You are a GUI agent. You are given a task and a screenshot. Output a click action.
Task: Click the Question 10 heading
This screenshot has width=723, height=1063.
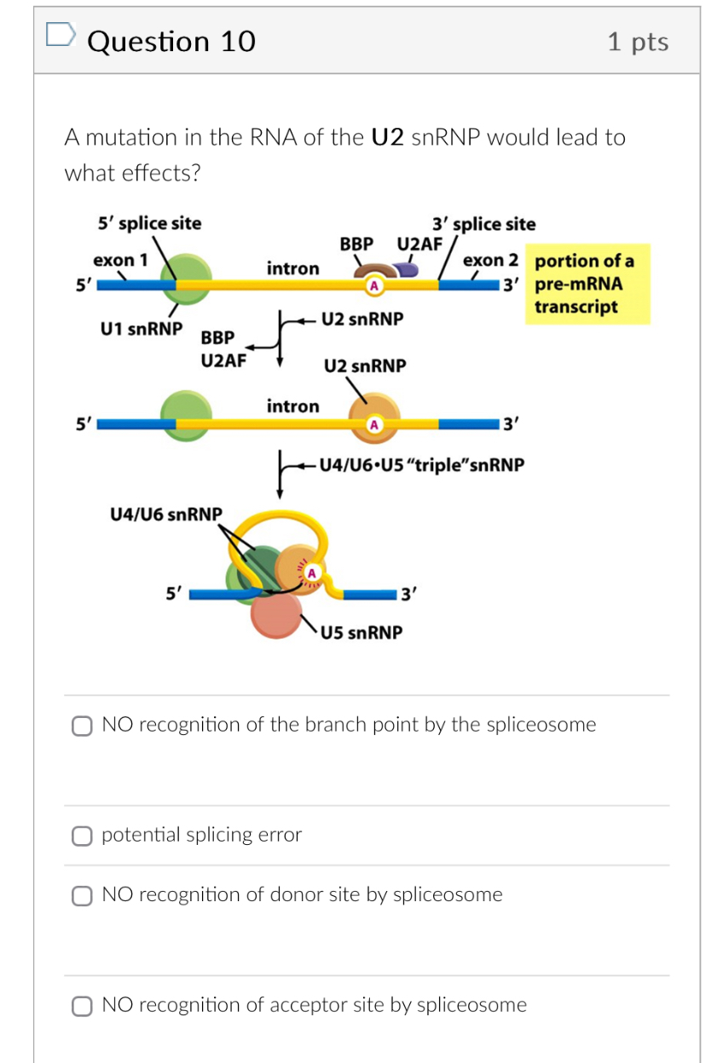tap(171, 41)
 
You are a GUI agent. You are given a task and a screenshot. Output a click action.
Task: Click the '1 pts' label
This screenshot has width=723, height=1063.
tap(638, 42)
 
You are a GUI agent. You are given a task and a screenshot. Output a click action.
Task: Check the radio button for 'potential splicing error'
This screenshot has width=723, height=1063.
tap(82, 836)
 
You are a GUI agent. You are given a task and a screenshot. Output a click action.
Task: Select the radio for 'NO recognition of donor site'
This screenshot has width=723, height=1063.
tap(82, 895)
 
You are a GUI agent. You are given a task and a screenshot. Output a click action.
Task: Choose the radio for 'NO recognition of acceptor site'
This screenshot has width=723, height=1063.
tap(82, 1006)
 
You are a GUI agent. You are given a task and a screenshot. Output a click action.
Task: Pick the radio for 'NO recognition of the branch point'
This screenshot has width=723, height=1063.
tap(82, 726)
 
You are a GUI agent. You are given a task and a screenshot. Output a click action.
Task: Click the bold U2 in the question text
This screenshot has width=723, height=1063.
tap(388, 137)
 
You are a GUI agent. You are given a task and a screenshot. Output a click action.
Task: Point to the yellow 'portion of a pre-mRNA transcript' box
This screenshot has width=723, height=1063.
tap(589, 284)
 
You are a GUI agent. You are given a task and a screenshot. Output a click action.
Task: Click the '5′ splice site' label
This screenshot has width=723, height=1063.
tap(150, 223)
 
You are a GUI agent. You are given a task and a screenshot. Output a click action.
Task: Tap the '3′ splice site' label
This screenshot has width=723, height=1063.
tap(483, 224)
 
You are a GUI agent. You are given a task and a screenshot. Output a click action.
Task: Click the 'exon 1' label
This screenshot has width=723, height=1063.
tap(120, 260)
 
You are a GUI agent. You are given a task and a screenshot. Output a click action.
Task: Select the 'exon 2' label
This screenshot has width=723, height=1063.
tap(490, 260)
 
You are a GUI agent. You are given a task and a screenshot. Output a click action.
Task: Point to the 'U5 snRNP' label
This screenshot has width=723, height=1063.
tap(361, 633)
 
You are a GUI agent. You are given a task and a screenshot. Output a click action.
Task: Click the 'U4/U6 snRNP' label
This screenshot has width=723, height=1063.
tap(166, 514)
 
